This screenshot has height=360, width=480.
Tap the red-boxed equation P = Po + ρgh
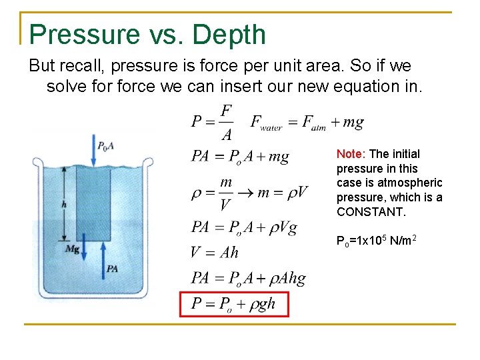(x=233, y=305)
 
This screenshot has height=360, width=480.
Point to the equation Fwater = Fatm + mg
(x=307, y=122)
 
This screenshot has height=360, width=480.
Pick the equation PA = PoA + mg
(x=240, y=156)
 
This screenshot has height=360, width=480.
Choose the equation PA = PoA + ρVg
(x=244, y=227)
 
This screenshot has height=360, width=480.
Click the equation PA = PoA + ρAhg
(x=248, y=278)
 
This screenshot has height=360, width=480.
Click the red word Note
(x=349, y=153)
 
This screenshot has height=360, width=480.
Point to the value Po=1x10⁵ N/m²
(x=377, y=240)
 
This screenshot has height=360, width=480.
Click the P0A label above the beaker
(x=106, y=146)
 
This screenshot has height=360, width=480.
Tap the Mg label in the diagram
(x=72, y=249)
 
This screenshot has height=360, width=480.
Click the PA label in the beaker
(x=112, y=268)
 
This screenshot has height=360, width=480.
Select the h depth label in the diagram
(x=63, y=205)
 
